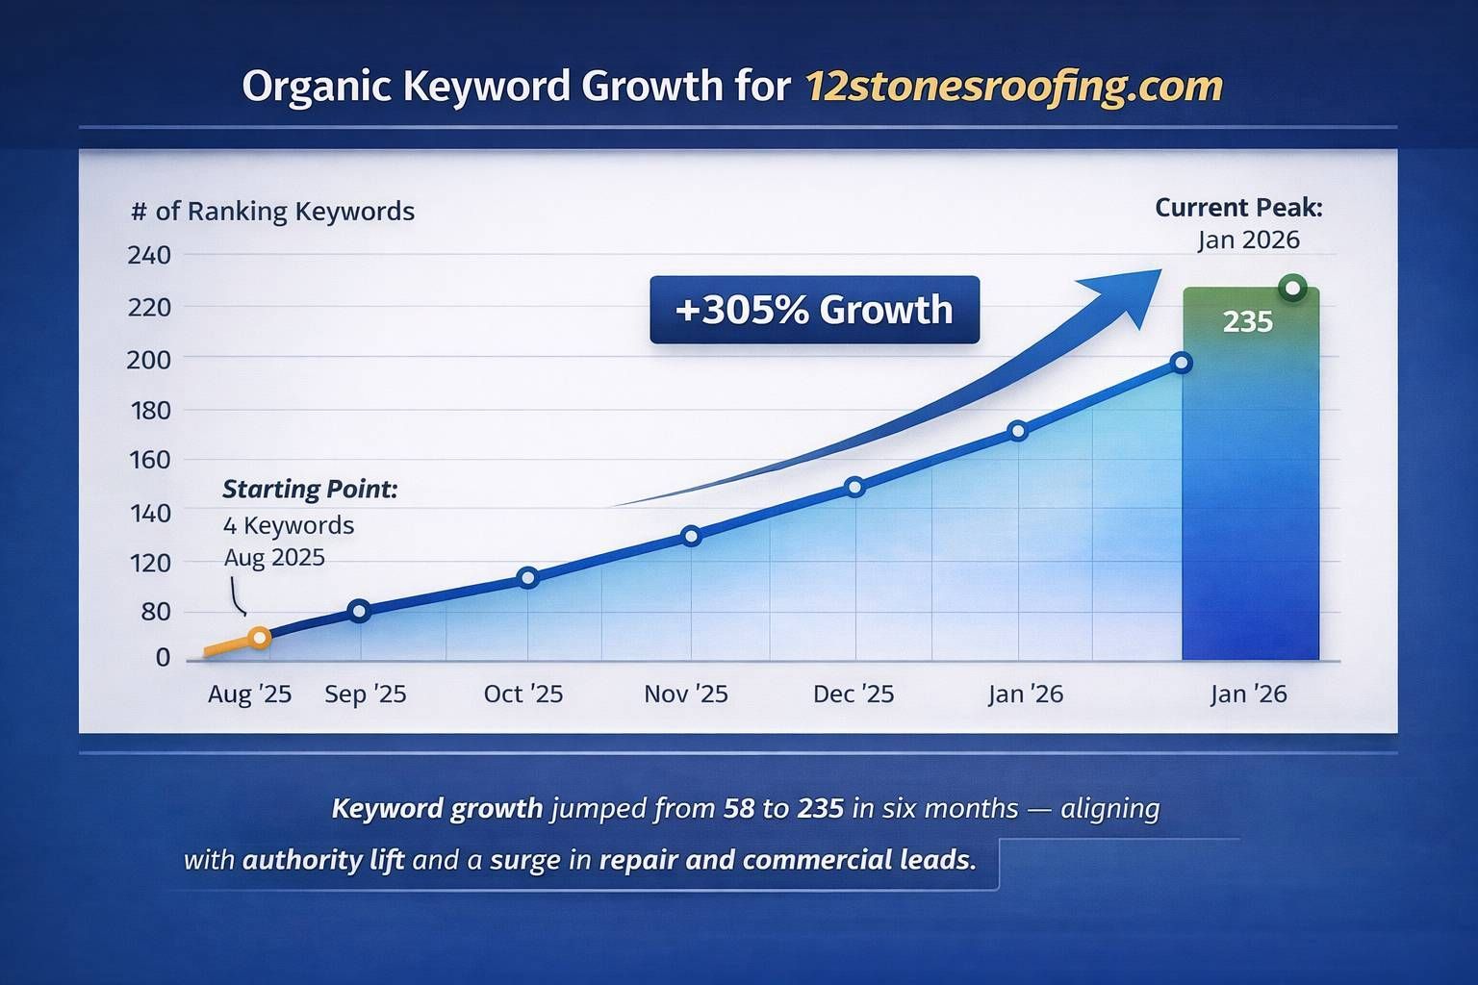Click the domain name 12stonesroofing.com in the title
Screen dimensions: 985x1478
1012,87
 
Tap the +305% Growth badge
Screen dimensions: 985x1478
814,310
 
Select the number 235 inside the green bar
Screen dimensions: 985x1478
1248,321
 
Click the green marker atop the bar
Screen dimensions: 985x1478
1292,288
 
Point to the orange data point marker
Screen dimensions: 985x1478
259,638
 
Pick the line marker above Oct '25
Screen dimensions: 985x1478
527,578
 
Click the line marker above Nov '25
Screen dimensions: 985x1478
690,536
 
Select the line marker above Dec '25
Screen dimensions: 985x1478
854,487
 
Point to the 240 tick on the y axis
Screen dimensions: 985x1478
148,255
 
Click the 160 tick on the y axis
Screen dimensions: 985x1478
148,460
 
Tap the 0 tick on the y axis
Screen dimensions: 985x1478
163,658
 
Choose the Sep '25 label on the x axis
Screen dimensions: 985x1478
365,694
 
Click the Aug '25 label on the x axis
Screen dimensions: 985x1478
249,694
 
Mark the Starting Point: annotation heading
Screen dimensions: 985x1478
310,489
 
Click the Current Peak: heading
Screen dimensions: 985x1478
1238,207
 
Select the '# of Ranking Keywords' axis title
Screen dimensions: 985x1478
272,211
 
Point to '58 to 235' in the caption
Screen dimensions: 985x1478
782,808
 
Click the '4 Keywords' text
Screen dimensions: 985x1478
289,525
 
